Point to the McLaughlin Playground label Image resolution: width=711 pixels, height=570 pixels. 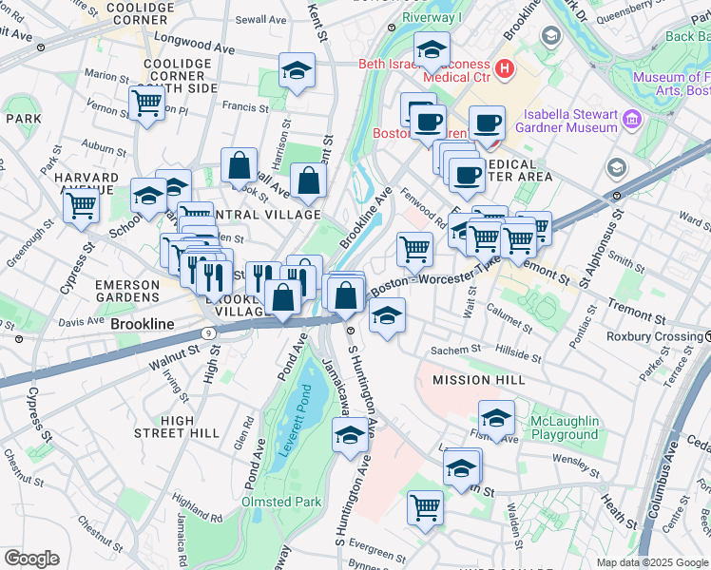point(565,428)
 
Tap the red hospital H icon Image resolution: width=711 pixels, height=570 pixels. point(504,68)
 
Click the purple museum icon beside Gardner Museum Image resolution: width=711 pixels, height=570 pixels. point(632,121)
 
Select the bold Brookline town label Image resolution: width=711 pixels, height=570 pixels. point(143,324)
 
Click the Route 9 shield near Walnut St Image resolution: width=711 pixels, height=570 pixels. point(206,333)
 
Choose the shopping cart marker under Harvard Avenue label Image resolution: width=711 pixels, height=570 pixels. point(83,203)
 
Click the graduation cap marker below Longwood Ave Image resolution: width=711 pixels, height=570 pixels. point(297,70)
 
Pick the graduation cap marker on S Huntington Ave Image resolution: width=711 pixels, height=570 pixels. point(350,435)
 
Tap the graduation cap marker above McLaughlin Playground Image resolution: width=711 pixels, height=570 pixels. point(496,417)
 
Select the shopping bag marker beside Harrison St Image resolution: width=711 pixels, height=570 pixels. point(240,165)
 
